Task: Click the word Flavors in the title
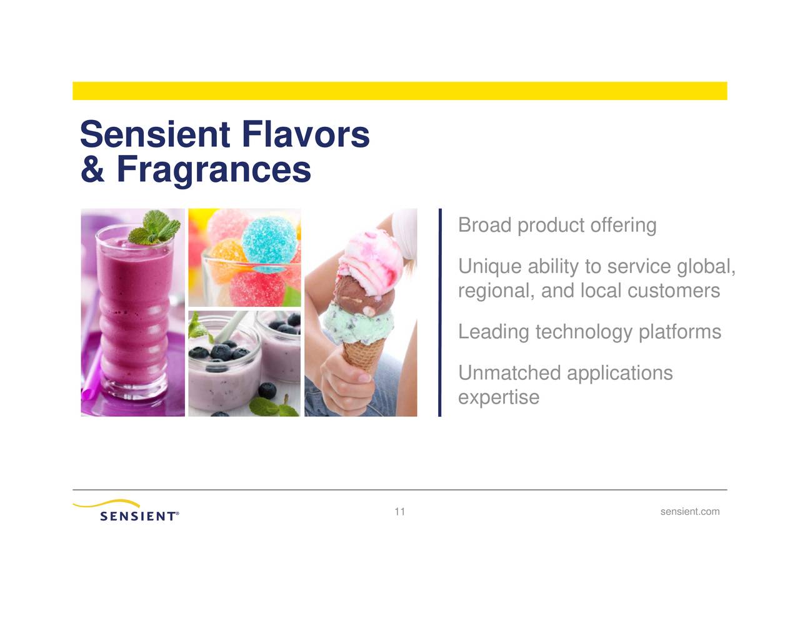(x=305, y=134)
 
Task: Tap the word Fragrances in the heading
(x=213, y=169)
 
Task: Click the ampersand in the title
(x=92, y=169)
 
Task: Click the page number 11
(x=399, y=512)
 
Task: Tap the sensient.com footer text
(x=689, y=512)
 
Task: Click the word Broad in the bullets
(x=484, y=225)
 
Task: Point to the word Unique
(x=489, y=267)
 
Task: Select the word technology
(x=584, y=332)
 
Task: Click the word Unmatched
(x=509, y=373)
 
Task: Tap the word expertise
(x=498, y=397)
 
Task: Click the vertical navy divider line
(x=440, y=312)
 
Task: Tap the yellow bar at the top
(x=399, y=91)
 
